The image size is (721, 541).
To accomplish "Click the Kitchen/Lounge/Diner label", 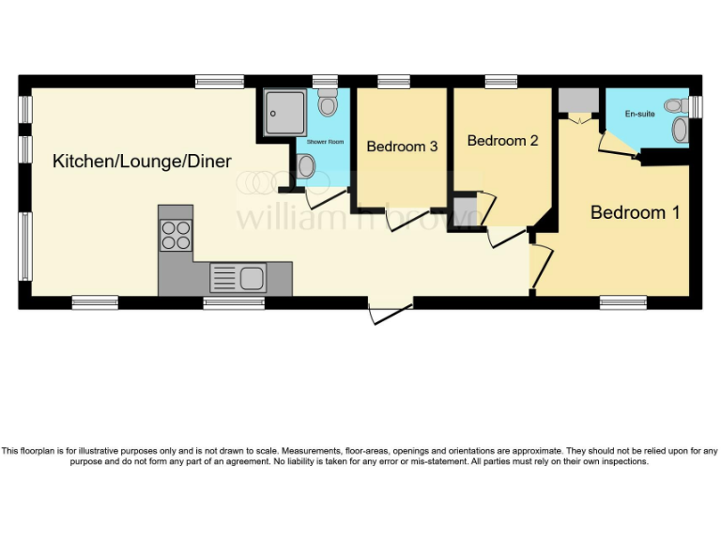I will pyautogui.click(x=142, y=161).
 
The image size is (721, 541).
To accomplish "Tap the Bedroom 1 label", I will pyautogui.click(x=635, y=212).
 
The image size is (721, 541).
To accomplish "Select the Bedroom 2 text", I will pyautogui.click(x=502, y=141).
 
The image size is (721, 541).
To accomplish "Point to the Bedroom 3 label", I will pyautogui.click(x=402, y=147).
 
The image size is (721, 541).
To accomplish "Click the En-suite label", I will pyautogui.click(x=639, y=114).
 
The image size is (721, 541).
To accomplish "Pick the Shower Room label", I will pyautogui.click(x=326, y=142).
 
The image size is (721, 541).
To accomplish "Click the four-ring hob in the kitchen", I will pyautogui.click(x=176, y=234).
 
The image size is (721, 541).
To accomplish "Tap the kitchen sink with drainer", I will pyautogui.click(x=238, y=277).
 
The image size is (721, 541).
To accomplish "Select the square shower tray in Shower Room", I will pyautogui.click(x=284, y=112).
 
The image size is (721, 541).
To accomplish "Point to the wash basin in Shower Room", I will pyautogui.click(x=306, y=166).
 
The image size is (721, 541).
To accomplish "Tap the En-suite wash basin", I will pyautogui.click(x=679, y=131).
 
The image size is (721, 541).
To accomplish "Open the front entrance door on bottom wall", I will pyautogui.click(x=391, y=313).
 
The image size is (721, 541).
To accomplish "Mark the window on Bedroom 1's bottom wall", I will pyautogui.click(x=622, y=302).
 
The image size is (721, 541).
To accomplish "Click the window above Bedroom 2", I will pyautogui.click(x=501, y=82).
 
